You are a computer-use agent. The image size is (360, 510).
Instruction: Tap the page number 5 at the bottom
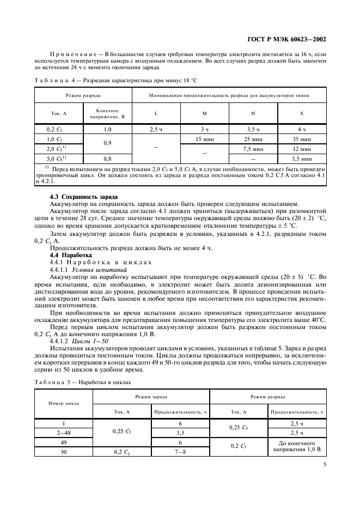324,465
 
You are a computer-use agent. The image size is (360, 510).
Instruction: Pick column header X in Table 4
302,113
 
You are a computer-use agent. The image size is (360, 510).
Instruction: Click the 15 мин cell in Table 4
204,139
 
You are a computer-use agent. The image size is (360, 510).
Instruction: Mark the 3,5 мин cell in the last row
302,159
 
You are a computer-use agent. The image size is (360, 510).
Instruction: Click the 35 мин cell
302,139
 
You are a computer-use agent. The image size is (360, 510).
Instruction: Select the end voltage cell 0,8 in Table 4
107,159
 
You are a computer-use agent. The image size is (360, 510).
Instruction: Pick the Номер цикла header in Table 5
64,404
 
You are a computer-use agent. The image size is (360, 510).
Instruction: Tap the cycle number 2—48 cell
64,433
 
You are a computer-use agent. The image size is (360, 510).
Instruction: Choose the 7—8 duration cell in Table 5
179,452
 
